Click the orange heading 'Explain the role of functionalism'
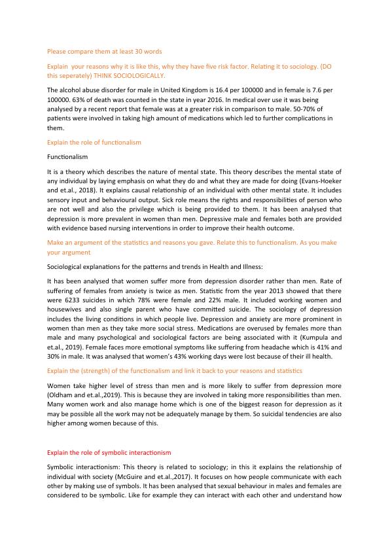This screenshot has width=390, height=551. (x=94, y=142)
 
